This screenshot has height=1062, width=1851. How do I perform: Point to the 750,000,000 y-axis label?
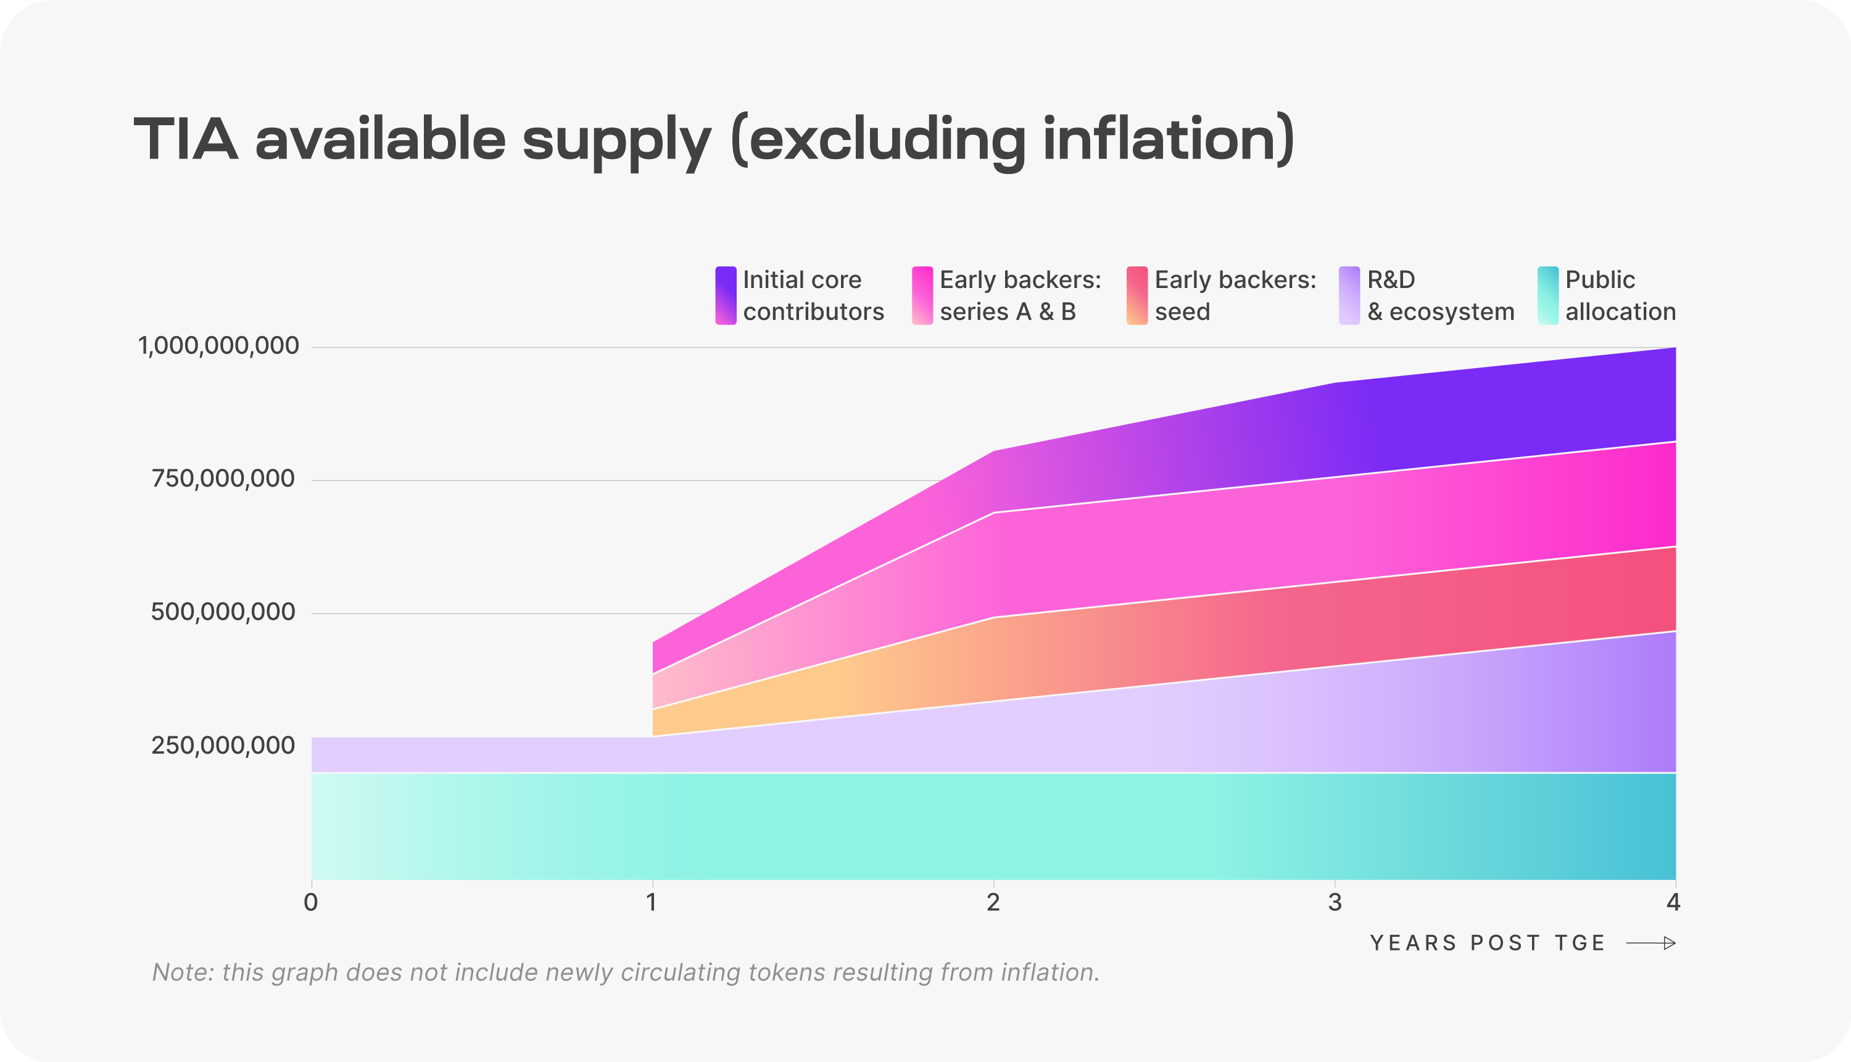coord(223,479)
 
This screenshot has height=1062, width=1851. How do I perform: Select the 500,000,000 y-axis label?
coord(223,612)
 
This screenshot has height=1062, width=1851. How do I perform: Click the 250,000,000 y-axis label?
coord(223,746)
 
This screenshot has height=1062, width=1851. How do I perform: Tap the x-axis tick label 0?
coord(311,903)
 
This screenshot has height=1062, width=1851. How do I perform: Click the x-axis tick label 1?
coord(652,903)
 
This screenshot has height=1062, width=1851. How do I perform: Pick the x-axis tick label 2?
coord(993,903)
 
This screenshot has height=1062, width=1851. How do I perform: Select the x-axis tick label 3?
coord(1335,903)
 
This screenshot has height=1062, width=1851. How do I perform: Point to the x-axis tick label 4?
coord(1673,903)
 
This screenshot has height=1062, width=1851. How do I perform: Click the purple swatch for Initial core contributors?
coord(725,295)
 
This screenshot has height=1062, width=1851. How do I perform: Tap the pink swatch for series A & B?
coord(922,295)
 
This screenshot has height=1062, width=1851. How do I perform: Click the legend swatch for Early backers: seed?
coord(1137,295)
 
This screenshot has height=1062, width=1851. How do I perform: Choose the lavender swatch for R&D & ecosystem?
coord(1349,295)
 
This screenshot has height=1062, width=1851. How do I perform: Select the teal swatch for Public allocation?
coord(1547,295)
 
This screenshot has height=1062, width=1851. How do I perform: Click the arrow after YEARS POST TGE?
coord(1650,943)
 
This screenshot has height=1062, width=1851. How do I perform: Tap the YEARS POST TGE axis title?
coord(1487,943)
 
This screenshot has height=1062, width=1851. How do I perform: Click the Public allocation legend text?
coord(1620,295)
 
